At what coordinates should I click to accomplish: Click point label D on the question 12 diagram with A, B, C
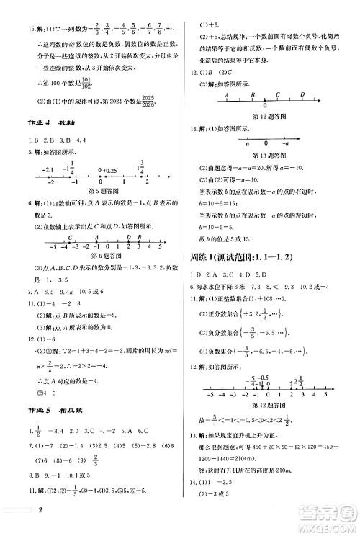[302, 94]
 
